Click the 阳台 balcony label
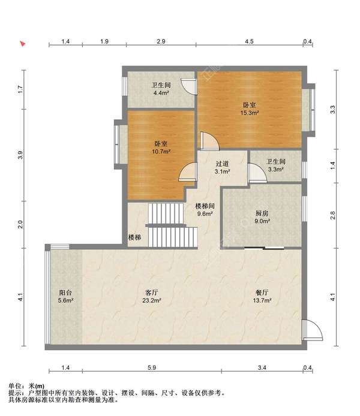click(65, 293)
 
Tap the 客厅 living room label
click(152, 293)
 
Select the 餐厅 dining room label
click(262, 293)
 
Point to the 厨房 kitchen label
click(262, 213)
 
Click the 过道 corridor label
click(222, 164)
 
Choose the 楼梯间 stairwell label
click(205, 206)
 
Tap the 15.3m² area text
click(250, 113)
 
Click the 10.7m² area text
click(161, 152)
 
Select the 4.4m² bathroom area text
click(161, 93)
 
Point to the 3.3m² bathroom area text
click(276, 169)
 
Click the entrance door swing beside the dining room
click(313, 330)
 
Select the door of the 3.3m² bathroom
click(257, 173)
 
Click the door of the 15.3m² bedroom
click(210, 141)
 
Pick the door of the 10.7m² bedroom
click(188, 172)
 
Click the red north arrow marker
click(23, 44)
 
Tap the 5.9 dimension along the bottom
click(152, 367)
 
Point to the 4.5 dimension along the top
click(249, 41)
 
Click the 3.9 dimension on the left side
click(20, 155)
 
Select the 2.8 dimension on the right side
click(332, 215)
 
